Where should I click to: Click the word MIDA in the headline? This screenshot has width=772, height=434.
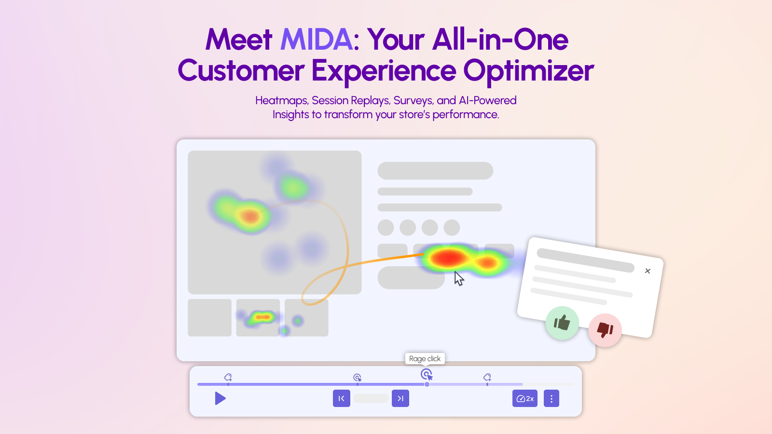317,40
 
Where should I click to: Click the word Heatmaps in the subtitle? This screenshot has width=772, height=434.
282,101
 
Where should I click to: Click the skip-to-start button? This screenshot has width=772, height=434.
342,398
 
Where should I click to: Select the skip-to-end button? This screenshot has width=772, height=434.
400,398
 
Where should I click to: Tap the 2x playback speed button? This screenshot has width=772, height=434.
525,398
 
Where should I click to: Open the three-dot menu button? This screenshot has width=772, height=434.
551,398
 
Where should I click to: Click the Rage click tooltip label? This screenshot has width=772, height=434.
425,359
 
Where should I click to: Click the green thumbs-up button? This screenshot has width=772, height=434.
562,323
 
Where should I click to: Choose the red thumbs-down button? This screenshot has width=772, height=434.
605,330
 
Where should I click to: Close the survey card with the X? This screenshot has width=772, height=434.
648,271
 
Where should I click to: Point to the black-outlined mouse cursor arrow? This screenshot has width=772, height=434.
459,278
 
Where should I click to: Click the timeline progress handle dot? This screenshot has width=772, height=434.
427,384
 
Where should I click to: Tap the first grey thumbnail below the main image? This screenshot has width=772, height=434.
209,318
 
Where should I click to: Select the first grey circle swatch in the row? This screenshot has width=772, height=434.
386,228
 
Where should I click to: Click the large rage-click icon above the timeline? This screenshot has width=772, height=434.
427,374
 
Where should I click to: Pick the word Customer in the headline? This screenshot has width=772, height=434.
241,71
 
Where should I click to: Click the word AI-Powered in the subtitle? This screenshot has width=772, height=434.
487,101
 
